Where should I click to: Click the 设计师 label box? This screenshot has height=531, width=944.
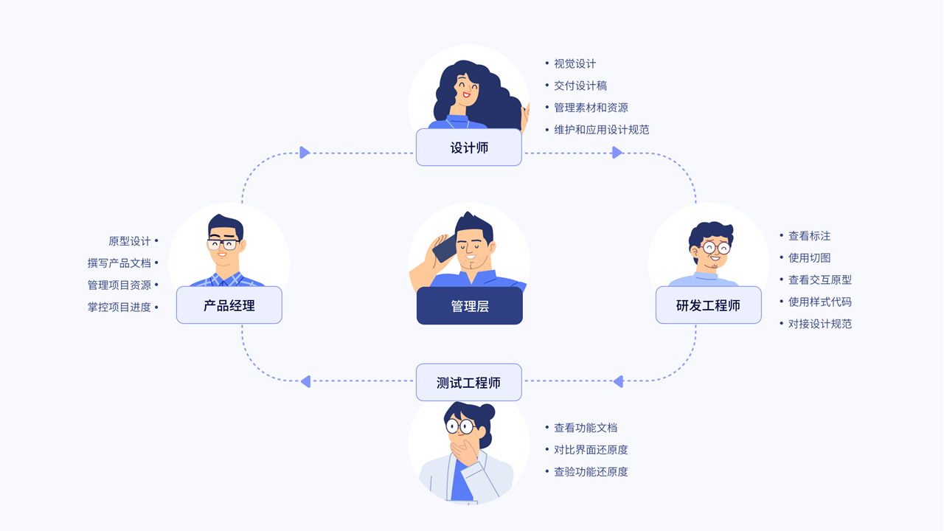point(469,147)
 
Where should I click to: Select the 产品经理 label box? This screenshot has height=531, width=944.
point(229,305)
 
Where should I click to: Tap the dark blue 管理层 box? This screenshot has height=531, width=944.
point(469,306)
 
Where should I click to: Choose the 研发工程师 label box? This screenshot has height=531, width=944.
point(708,305)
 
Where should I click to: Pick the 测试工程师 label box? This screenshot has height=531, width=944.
point(469,383)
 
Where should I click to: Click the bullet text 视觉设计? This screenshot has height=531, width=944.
point(575,64)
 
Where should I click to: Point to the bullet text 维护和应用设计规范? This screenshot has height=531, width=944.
point(601,130)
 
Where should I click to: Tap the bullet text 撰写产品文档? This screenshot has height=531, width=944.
point(119,263)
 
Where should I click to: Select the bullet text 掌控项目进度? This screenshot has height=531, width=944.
point(119,308)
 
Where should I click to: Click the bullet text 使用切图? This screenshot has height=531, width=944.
point(809,258)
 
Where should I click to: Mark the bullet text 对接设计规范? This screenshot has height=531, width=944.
point(819,324)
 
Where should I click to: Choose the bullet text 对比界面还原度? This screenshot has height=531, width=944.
point(591,450)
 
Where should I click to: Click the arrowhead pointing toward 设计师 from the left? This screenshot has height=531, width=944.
point(305,153)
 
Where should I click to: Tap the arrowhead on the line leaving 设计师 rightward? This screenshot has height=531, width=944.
point(617,153)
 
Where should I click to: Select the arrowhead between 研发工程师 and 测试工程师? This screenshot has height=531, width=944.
point(618,381)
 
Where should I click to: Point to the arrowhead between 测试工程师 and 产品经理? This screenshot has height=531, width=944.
point(305,381)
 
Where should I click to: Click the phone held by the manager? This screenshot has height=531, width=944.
point(443,249)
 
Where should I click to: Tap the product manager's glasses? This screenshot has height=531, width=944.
point(223,245)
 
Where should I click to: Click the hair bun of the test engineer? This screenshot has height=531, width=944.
point(487,412)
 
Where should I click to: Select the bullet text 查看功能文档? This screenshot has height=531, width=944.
point(586,428)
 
